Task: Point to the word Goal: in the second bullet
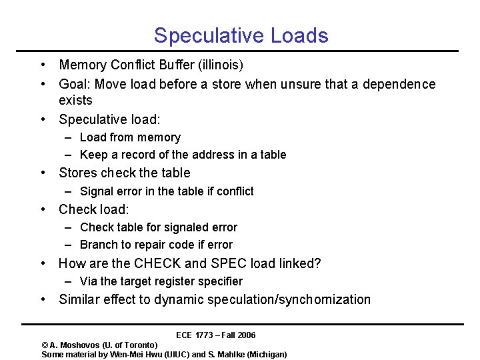pos(76,84)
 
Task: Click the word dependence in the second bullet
pos(399,84)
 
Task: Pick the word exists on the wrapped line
pos(75,100)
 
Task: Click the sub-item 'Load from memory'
pos(130,137)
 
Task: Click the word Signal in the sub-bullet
pos(97,191)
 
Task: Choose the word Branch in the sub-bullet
pos(98,245)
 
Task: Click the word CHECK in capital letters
pos(155,263)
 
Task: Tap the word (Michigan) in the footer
pos(267,354)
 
